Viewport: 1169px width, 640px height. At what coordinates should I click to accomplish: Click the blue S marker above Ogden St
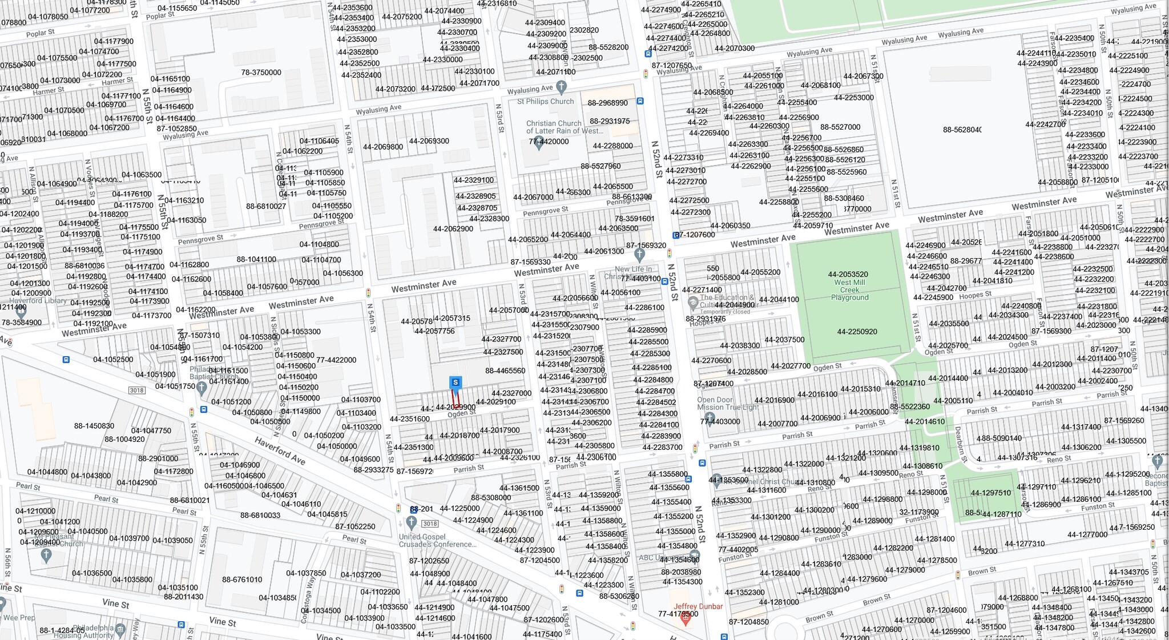coord(455,382)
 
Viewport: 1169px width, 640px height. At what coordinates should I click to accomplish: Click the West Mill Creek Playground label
coord(849,289)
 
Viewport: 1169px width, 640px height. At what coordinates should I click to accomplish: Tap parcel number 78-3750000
coord(261,73)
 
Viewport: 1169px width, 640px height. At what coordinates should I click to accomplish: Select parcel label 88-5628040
coord(962,130)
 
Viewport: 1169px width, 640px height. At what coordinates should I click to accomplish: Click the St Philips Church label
coord(545,102)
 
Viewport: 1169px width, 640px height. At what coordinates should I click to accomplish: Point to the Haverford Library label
coord(38,300)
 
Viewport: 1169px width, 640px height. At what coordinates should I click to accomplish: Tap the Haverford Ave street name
coord(280,450)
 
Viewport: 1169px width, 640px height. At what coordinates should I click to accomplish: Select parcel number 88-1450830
coord(94,426)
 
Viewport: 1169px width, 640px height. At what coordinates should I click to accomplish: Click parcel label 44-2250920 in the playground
coord(857,332)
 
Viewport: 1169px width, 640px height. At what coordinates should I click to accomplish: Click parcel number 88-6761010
coord(242,579)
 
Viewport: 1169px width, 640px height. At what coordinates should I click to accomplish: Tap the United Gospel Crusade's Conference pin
coord(411,522)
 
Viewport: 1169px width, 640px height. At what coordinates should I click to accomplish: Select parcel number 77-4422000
coord(336,360)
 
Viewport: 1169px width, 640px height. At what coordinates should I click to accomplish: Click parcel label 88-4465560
coord(505,371)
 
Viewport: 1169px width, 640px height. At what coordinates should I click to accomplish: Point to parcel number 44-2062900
coord(453,229)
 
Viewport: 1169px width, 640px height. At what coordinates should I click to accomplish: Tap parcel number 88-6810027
coord(266,206)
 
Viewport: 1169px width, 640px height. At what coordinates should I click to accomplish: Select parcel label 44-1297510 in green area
coord(990,493)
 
